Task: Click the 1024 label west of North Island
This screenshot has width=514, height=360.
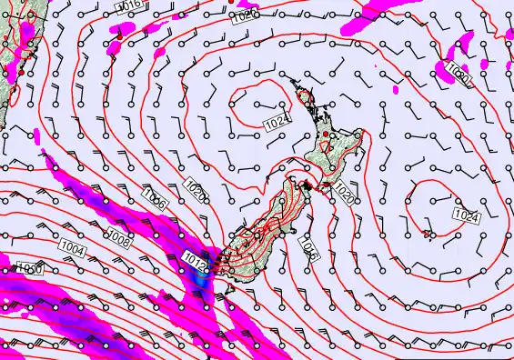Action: [x=278, y=121]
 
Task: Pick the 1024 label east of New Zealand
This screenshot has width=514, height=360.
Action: [x=465, y=215]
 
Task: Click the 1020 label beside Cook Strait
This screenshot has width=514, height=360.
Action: [x=344, y=193]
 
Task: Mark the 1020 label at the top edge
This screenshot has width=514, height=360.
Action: [x=241, y=16]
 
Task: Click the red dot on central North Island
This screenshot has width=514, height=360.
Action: [x=326, y=135]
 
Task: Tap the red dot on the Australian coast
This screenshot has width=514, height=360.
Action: [x=20, y=58]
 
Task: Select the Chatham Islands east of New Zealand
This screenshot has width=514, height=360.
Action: [x=426, y=234]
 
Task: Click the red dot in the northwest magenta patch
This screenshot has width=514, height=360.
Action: [x=230, y=2]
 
